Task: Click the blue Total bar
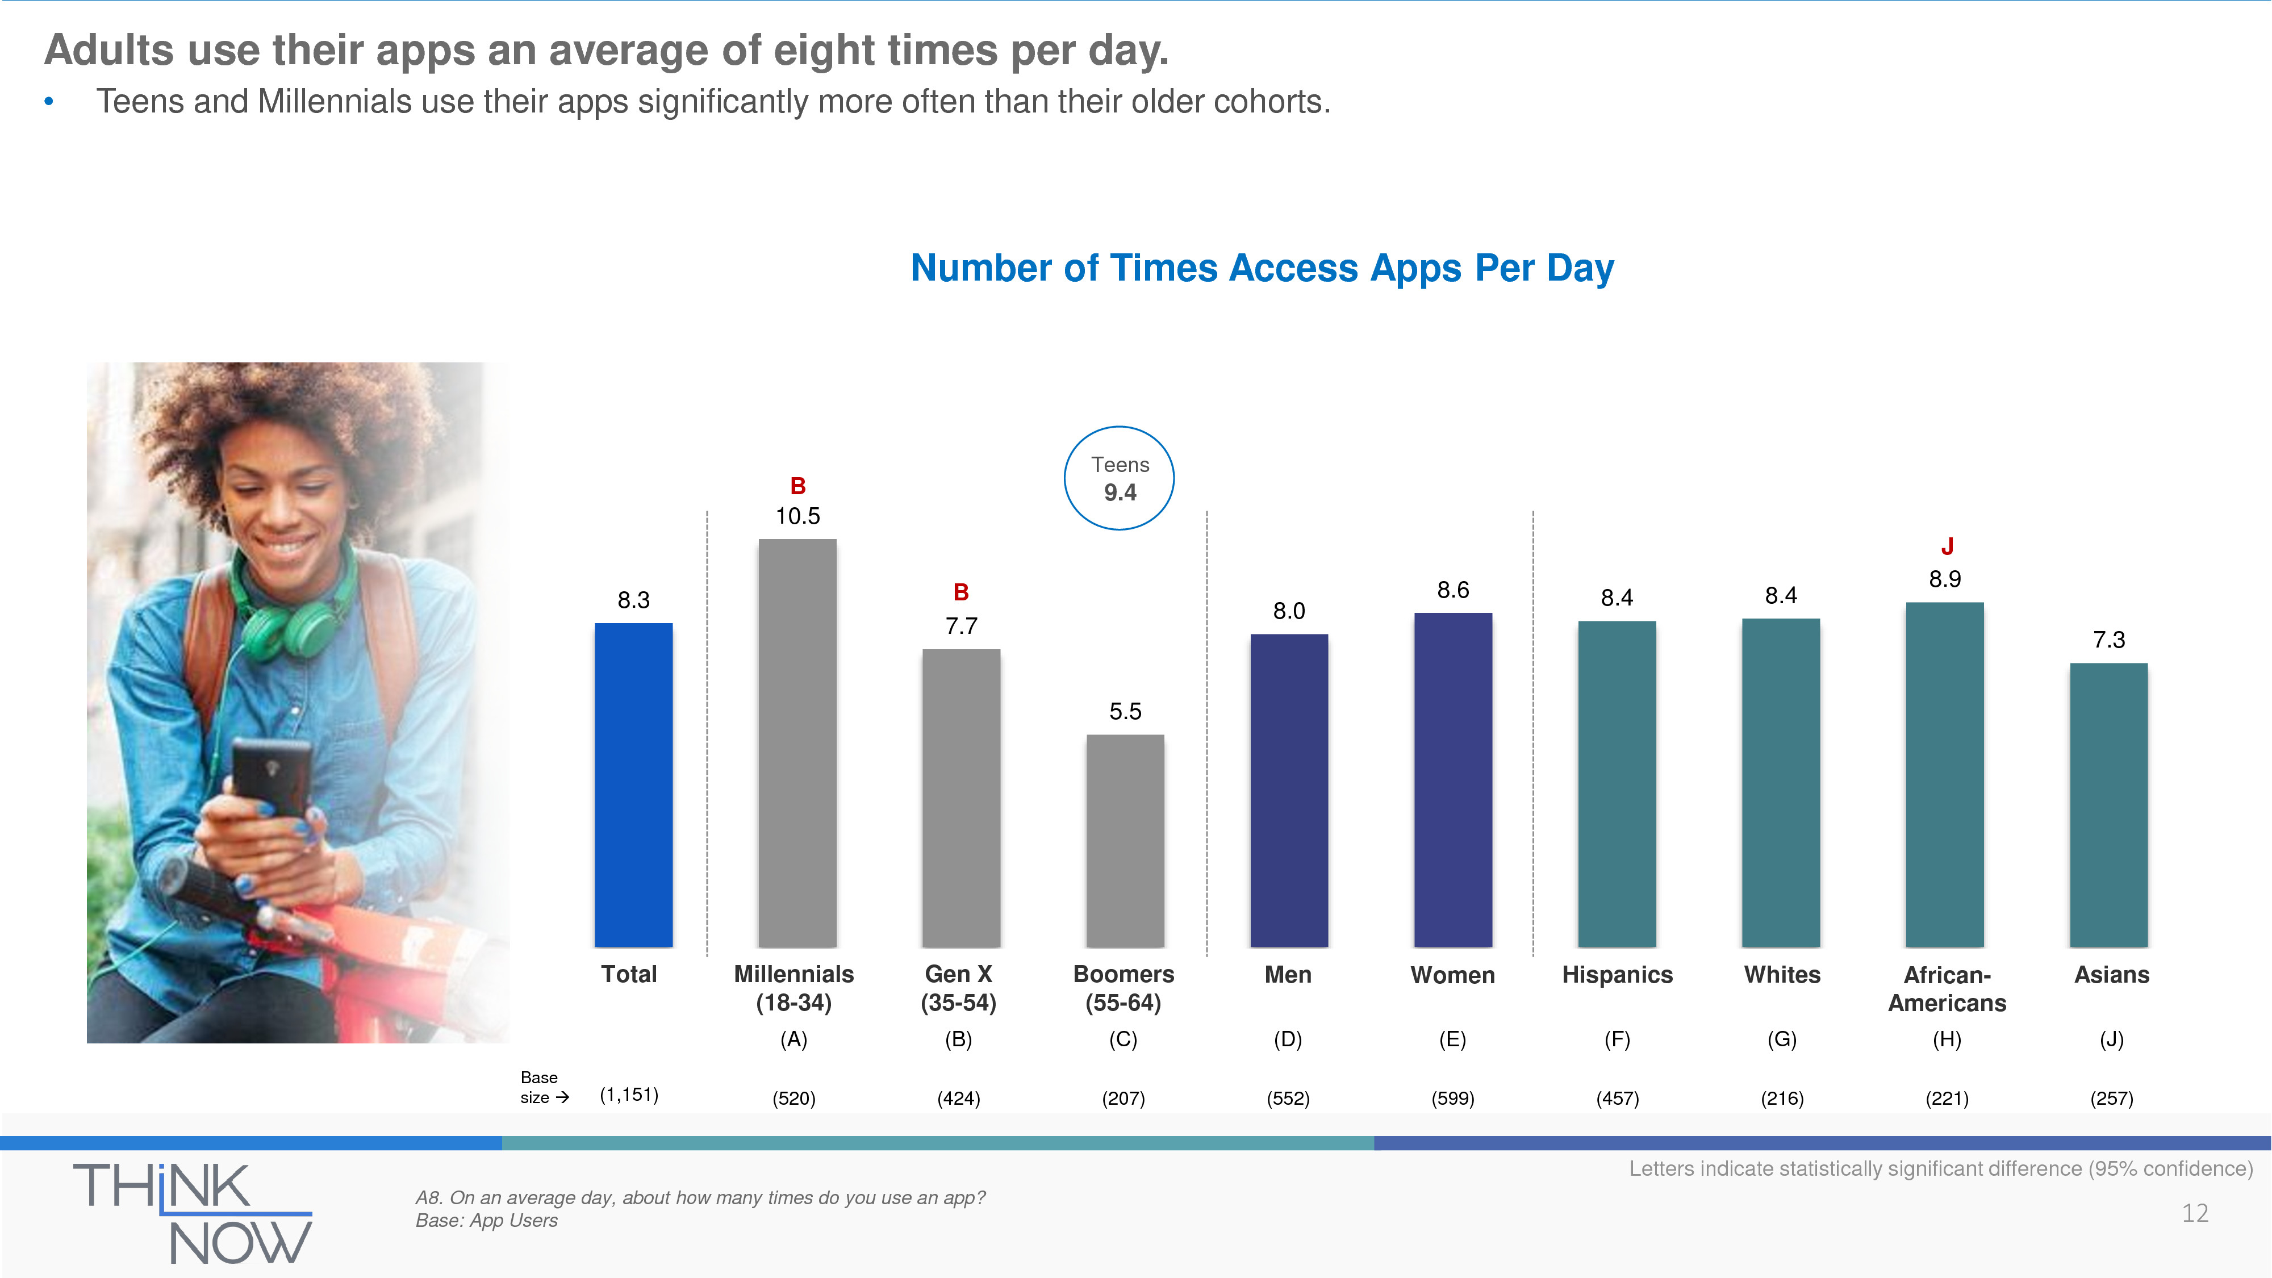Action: point(633,785)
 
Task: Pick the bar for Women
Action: point(1452,780)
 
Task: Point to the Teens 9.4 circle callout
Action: point(1119,478)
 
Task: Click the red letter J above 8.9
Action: point(1947,547)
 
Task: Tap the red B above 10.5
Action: point(797,486)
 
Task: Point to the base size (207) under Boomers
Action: point(1123,1098)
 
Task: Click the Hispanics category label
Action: point(1617,975)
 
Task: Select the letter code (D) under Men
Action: point(1288,1039)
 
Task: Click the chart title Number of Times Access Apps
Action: point(1261,268)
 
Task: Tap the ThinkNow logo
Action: point(193,1212)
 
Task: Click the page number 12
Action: point(2194,1214)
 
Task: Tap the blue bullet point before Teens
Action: point(48,102)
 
